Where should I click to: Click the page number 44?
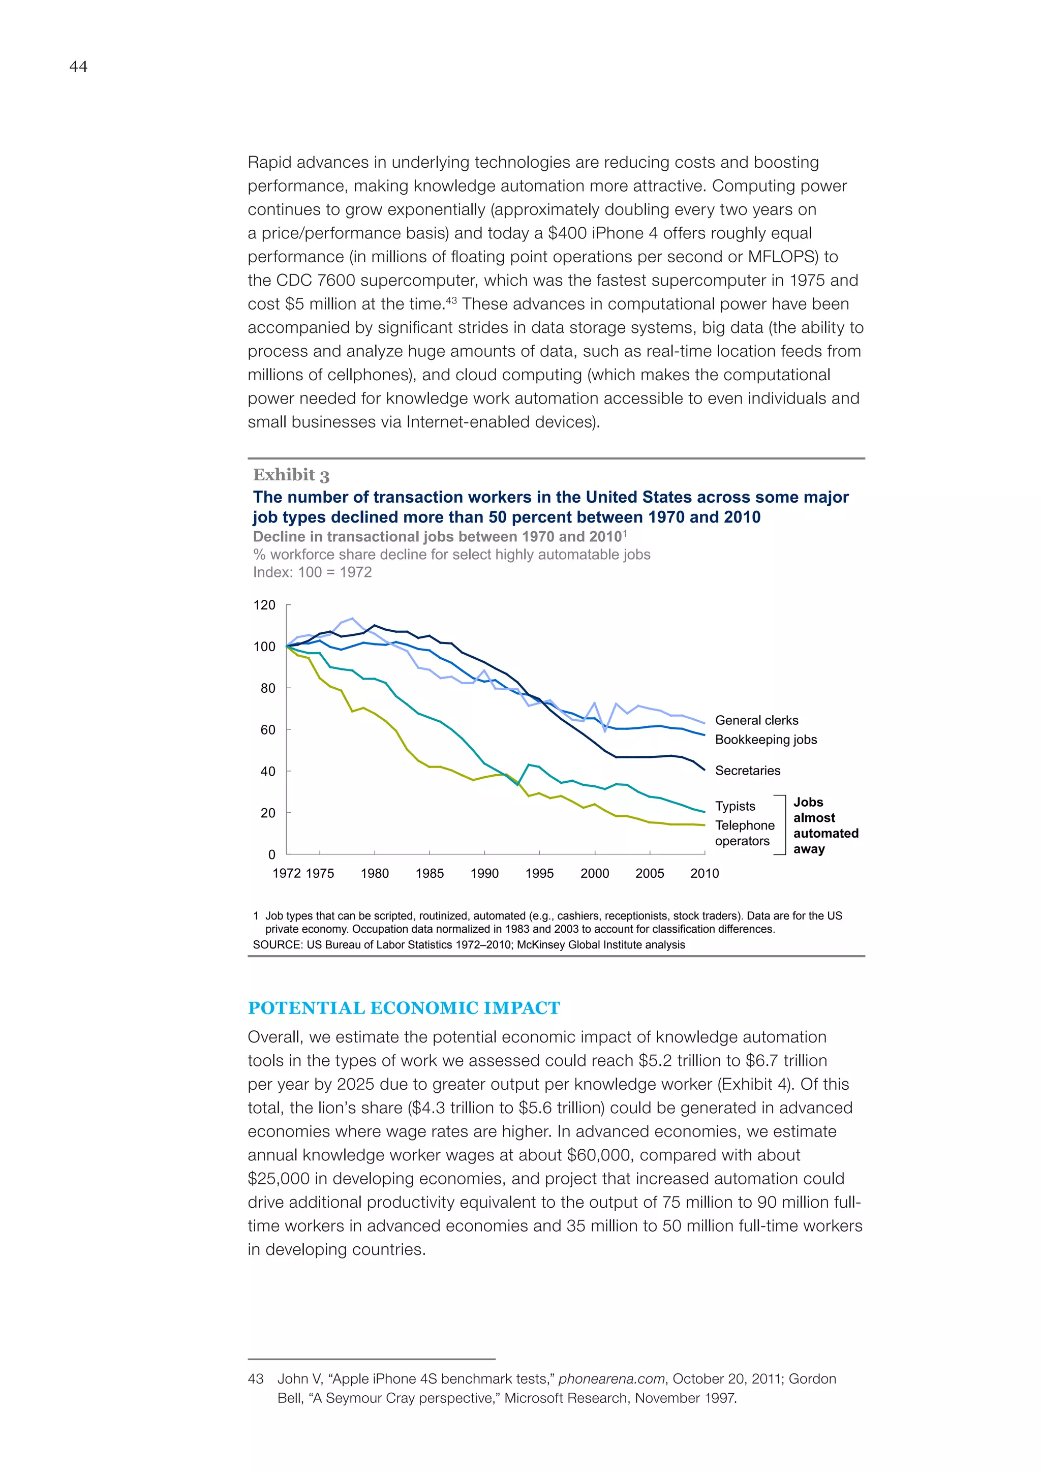click(78, 67)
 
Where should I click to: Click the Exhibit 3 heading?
click(291, 475)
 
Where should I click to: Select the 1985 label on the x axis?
click(429, 873)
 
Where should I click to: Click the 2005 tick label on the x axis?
click(649, 873)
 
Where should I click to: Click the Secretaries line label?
click(747, 771)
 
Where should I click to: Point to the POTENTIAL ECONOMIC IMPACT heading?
click(404, 1008)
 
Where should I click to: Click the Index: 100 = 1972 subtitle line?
click(312, 572)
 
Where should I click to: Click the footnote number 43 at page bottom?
click(255, 1378)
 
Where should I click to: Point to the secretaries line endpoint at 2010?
click(705, 770)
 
